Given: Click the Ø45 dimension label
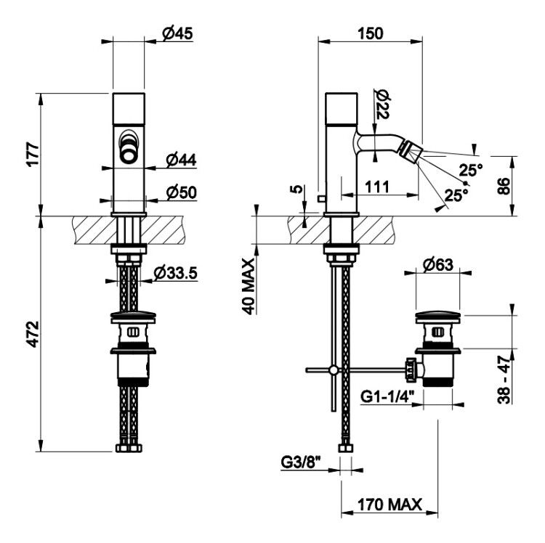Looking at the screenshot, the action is pos(177,33).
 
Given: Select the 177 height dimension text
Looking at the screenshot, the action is pos(33,154).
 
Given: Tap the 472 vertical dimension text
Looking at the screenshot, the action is pos(33,334).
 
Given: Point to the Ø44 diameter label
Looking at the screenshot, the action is pos(181,160).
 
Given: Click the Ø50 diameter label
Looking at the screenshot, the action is pos(181,192).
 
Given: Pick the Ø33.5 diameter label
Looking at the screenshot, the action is pos(176,273).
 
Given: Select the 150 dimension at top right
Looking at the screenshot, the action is pos(371,33).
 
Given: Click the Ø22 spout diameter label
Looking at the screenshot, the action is pos(382,104).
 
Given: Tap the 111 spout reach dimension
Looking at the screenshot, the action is pos(377,187).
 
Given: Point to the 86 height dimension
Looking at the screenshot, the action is pos(504,186).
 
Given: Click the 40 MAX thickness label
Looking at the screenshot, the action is pos(249,286).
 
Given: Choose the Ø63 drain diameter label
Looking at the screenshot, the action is pos(438,265).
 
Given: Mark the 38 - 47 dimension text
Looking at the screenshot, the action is pos(504,380).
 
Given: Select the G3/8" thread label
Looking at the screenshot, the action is pos(300,462).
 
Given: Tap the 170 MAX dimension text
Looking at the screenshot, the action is pos(390,504).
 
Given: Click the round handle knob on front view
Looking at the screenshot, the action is pos(128,153).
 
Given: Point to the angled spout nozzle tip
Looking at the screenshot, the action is pos(411,151).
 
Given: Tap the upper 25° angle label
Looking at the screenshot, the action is pos(471,170).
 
